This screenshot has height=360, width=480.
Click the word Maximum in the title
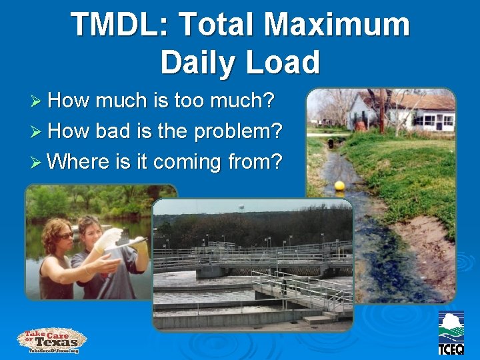(x=337, y=25)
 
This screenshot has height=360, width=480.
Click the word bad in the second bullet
(x=113, y=131)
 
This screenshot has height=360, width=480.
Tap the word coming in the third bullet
(x=184, y=162)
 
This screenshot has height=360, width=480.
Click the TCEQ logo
(x=451, y=332)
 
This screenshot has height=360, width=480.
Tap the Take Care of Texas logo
(x=52, y=340)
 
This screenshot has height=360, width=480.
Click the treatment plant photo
(x=253, y=267)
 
